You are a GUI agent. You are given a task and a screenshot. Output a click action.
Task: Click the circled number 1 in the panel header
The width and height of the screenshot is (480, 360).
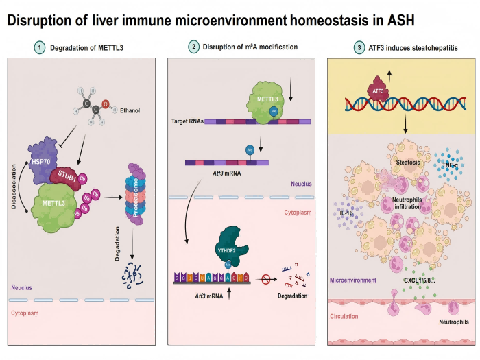point(40,48)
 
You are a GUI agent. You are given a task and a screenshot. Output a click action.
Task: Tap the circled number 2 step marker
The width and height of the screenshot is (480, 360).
point(195,47)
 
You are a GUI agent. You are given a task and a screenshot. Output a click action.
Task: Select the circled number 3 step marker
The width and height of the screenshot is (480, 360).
point(359,47)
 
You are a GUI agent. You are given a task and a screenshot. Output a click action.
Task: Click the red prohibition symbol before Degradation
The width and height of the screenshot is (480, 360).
point(265,278)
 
